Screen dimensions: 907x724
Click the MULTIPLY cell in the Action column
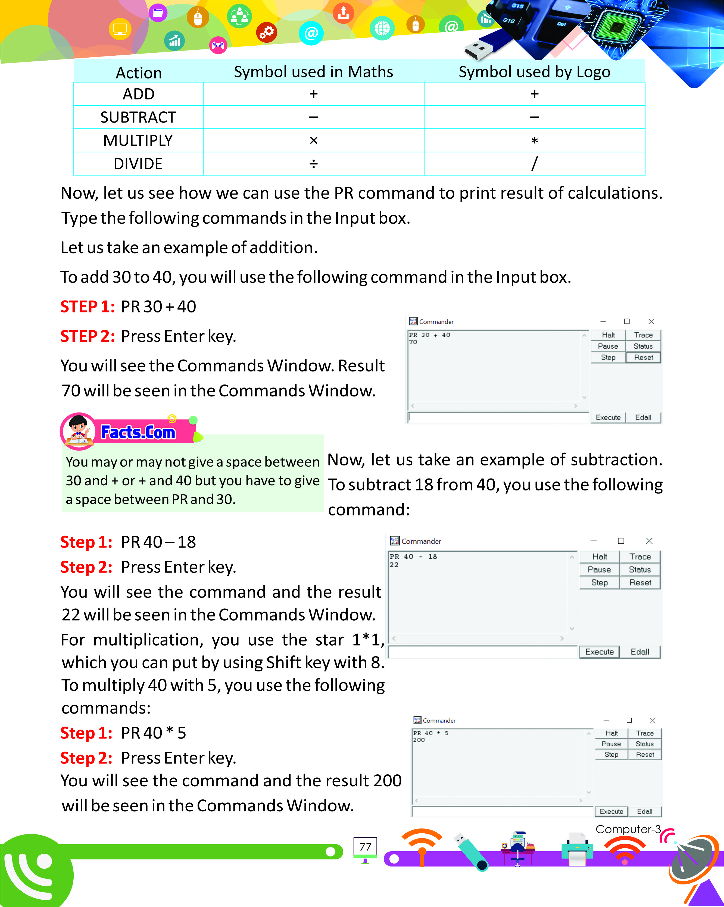point(138,140)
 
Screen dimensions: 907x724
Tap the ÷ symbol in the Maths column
point(313,164)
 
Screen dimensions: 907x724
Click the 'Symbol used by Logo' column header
point(534,72)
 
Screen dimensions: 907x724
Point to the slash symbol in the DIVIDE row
point(534,163)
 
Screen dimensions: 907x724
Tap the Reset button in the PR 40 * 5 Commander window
point(644,754)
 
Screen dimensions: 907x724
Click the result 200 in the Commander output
point(419,740)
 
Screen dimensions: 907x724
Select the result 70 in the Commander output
point(413,342)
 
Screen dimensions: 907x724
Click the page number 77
point(365,847)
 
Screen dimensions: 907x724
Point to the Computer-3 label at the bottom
point(628,829)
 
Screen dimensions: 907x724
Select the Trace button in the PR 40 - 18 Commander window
point(640,556)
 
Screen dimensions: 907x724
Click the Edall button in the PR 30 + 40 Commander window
point(643,417)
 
